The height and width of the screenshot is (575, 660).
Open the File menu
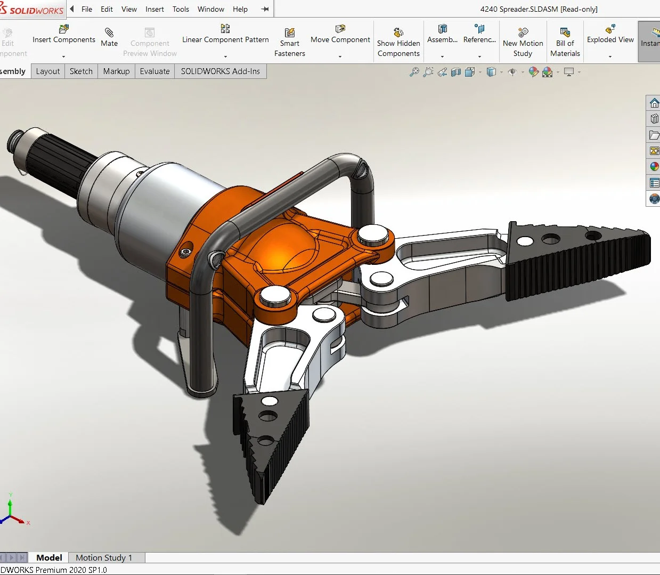[86, 9]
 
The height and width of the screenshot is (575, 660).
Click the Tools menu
[181, 9]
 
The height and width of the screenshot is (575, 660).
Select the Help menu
[240, 9]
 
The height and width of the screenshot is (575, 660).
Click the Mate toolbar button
[109, 37]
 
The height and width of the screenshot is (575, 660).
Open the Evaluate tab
[154, 71]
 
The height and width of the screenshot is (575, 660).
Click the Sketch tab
[81, 71]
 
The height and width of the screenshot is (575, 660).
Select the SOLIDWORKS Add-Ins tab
[220, 71]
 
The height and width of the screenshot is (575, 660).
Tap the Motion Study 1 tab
[104, 557]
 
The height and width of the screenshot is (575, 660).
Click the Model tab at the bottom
[49, 557]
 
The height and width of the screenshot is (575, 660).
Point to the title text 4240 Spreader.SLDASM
[539, 9]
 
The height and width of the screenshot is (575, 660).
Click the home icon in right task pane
[654, 103]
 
